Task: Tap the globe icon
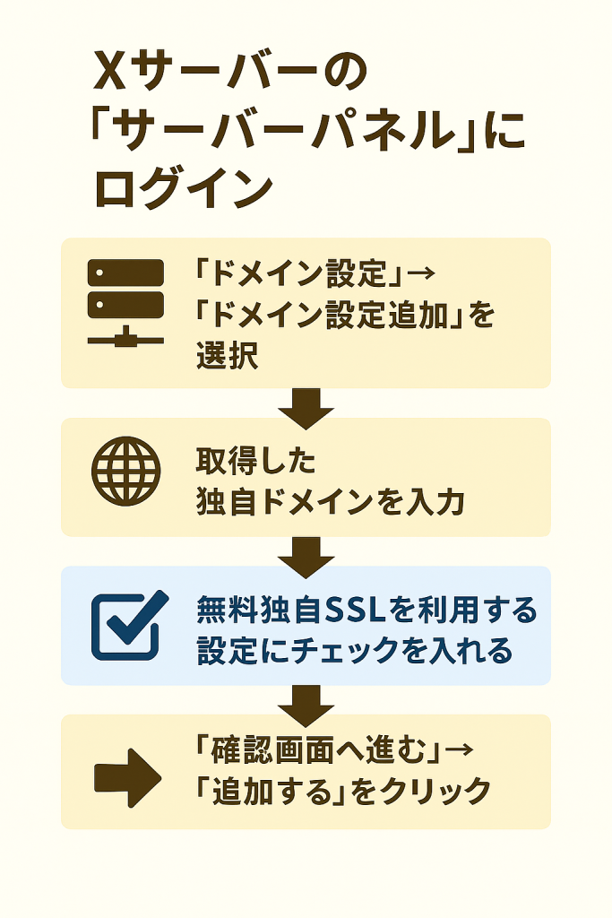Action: (x=126, y=469)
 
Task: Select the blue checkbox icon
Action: (x=128, y=625)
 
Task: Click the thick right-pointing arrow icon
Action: (x=126, y=775)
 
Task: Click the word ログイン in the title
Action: (x=183, y=189)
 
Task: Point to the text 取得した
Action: (x=256, y=463)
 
